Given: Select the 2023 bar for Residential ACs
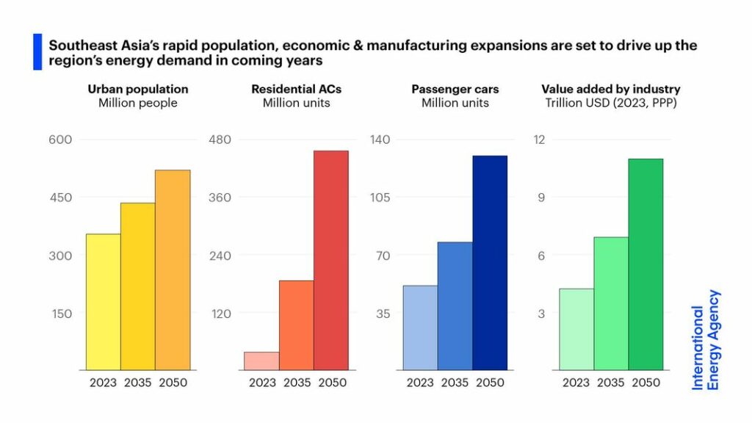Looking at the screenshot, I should tap(261, 361).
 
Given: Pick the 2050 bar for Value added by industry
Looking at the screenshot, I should tap(646, 264).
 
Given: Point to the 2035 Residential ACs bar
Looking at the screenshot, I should tap(296, 325).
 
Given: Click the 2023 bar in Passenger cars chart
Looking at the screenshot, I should tap(420, 328).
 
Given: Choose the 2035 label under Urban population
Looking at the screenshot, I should tap(137, 383).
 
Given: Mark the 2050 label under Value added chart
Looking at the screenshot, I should tap(646, 383).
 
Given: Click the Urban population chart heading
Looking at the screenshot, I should tap(138, 89).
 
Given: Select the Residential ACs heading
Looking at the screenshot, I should tap(296, 89).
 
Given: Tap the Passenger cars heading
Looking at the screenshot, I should tap(455, 89).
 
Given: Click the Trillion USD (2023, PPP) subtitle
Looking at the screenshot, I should tap(611, 103).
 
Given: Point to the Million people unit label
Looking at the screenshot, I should tap(138, 103).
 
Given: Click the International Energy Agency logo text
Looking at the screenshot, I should tap(706, 339).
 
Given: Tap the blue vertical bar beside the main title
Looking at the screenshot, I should tap(37, 52).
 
